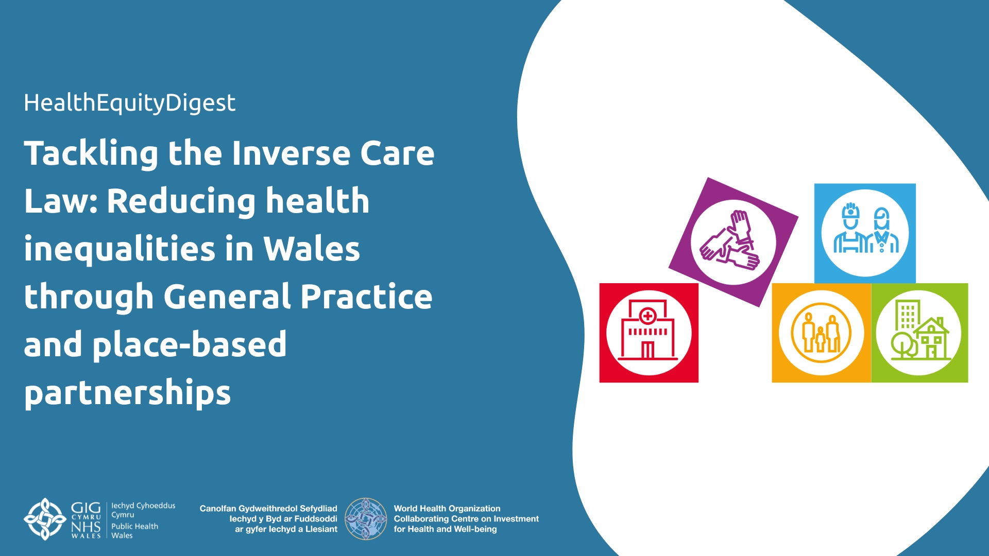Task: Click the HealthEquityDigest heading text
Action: (129, 103)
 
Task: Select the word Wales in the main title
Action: (312, 248)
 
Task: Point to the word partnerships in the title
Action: (127, 393)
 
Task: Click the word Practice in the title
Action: (366, 297)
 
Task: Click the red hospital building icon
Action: (649, 333)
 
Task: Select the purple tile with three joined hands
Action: (733, 242)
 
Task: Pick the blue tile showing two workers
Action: (865, 233)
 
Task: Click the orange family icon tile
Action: (822, 333)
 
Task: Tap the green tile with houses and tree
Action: (919, 333)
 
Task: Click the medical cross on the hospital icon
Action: (647, 316)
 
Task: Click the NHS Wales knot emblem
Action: (45, 519)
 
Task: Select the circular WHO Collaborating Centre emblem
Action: (366, 519)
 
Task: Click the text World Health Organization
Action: (447, 509)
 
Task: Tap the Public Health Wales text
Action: (134, 531)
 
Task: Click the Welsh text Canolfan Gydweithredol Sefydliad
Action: (268, 509)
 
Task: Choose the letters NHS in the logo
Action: (86, 527)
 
